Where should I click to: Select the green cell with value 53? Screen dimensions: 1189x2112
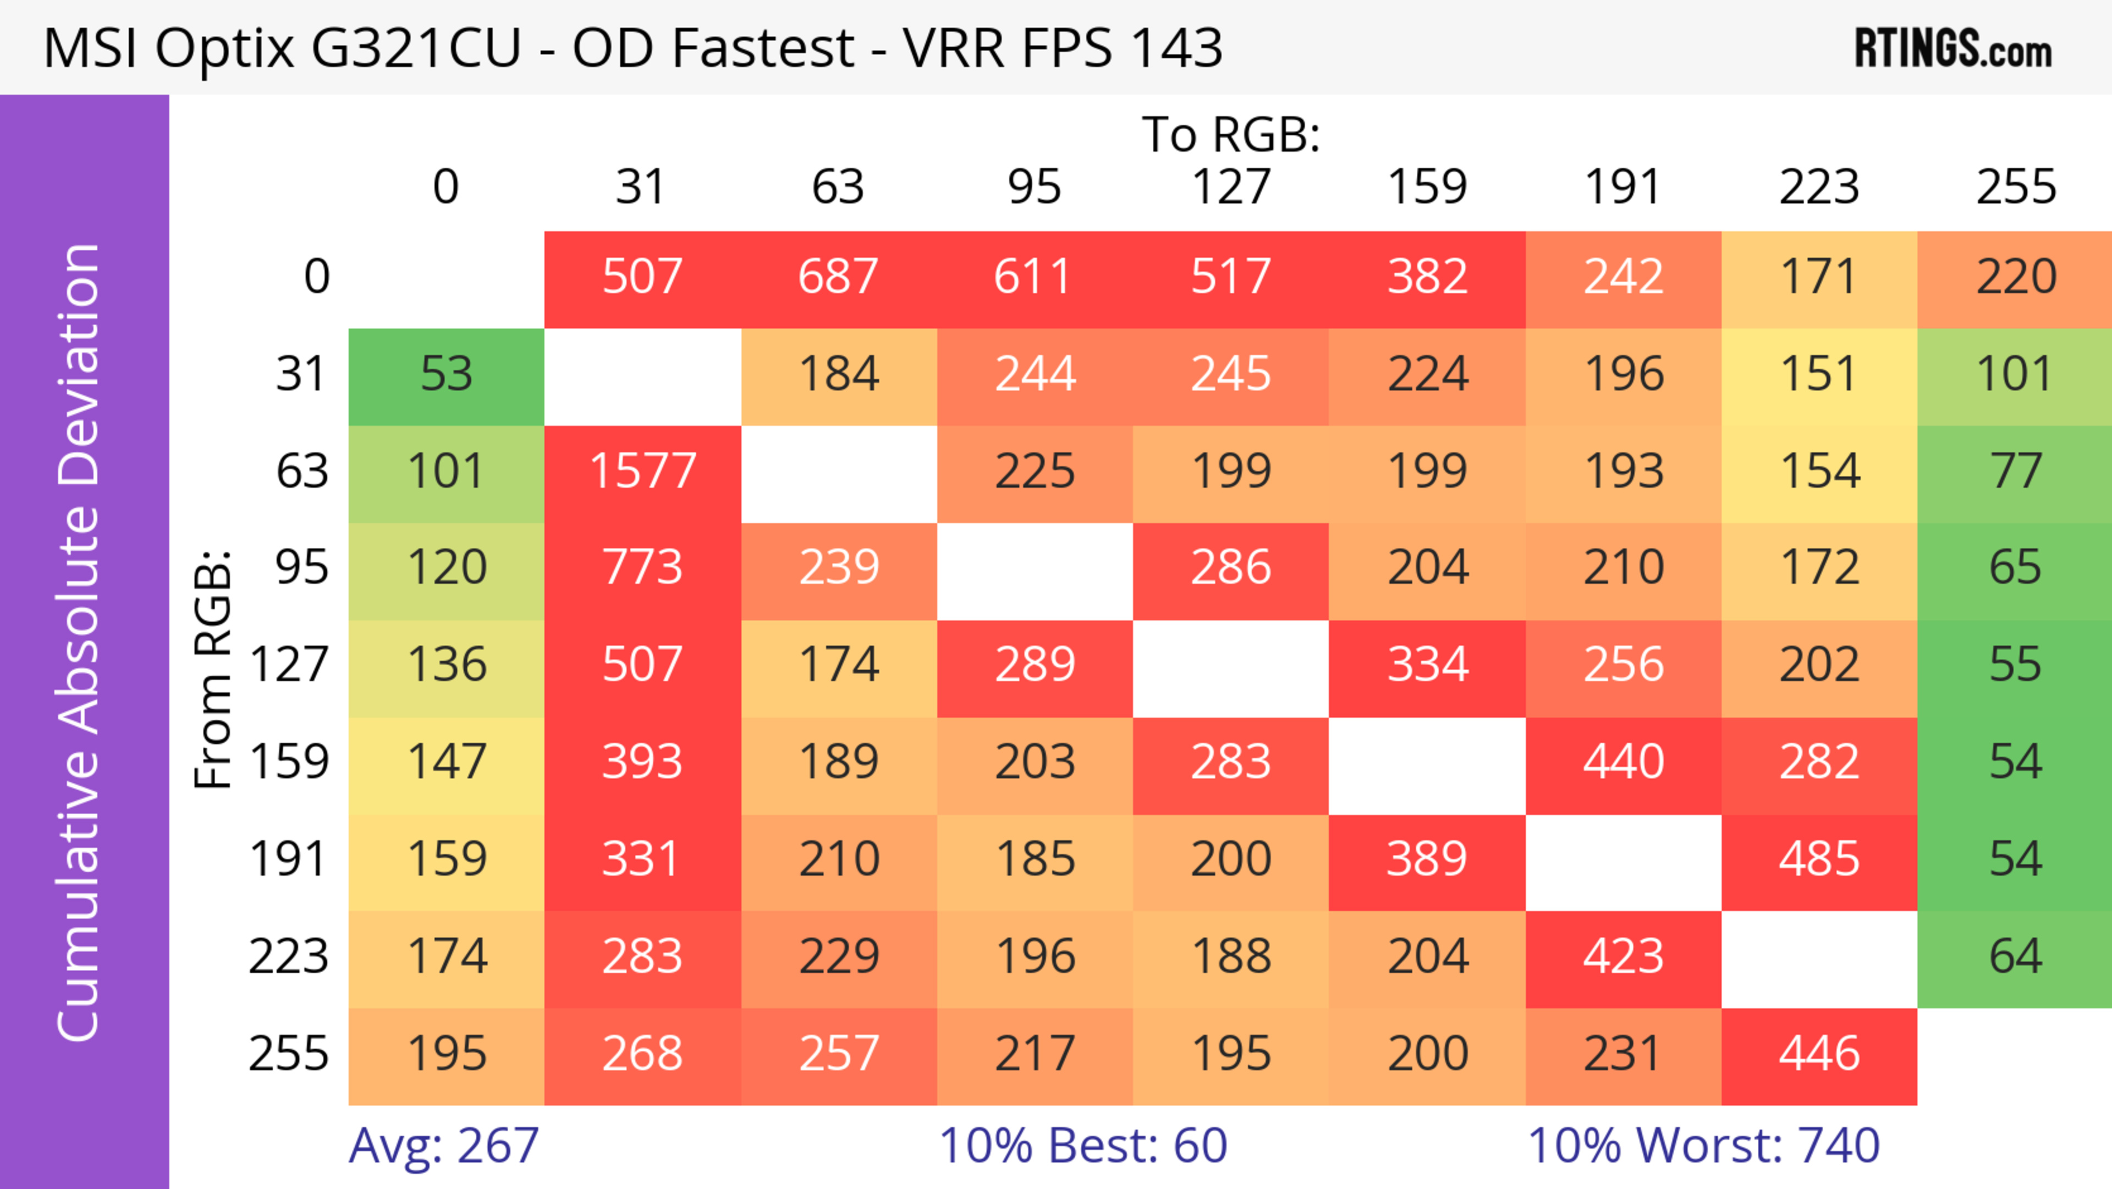pos(446,375)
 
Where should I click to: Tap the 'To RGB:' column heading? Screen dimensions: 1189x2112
pos(1231,134)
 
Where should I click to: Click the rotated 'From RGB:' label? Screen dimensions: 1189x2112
pos(213,669)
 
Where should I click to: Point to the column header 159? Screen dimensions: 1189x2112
pos(1427,187)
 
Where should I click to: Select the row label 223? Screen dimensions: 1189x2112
pos(289,957)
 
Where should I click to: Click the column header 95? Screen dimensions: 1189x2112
pos(1034,187)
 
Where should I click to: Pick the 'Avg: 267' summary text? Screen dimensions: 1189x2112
pos(443,1146)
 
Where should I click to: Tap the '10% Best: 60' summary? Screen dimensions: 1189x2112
pos(1082,1146)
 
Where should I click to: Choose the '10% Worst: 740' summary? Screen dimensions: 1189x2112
pos(1704,1146)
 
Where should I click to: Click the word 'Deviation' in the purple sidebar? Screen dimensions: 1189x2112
pos(80,365)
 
